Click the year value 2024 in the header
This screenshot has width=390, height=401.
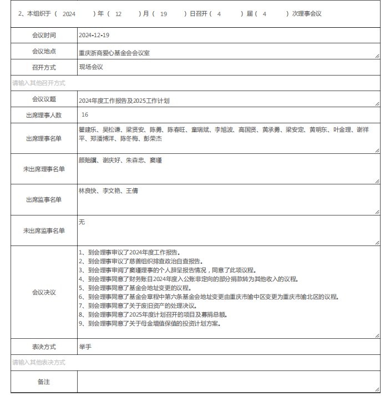pyautogui.click(x=69, y=14)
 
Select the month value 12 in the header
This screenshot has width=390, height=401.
pyautogui.click(x=118, y=14)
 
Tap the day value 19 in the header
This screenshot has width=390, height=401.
pyautogui.click(x=163, y=14)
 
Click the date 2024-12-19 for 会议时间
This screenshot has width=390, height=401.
pyautogui.click(x=94, y=35)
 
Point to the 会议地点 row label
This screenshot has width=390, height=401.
pyautogui.click(x=44, y=51)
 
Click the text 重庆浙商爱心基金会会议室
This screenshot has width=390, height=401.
pyautogui.click(x=114, y=53)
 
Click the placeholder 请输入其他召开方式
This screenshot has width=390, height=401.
pyautogui.click(x=39, y=83)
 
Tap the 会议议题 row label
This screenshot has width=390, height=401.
pyautogui.click(x=44, y=99)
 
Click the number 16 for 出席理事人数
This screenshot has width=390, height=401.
pyautogui.click(x=85, y=115)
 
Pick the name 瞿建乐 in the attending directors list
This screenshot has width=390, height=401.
pyautogui.click(x=88, y=130)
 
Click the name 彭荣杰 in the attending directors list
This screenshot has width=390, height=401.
pyautogui.click(x=153, y=138)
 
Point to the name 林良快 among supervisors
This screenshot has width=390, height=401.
pyautogui.click(x=88, y=191)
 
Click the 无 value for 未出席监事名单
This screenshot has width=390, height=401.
pyautogui.click(x=82, y=222)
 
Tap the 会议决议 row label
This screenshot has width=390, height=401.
pyautogui.click(x=44, y=292)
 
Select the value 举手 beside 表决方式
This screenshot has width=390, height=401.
pyautogui.click(x=85, y=347)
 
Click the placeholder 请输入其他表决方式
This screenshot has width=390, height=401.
pyautogui.click(x=39, y=362)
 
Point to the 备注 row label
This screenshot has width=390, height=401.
pyautogui.click(x=44, y=382)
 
